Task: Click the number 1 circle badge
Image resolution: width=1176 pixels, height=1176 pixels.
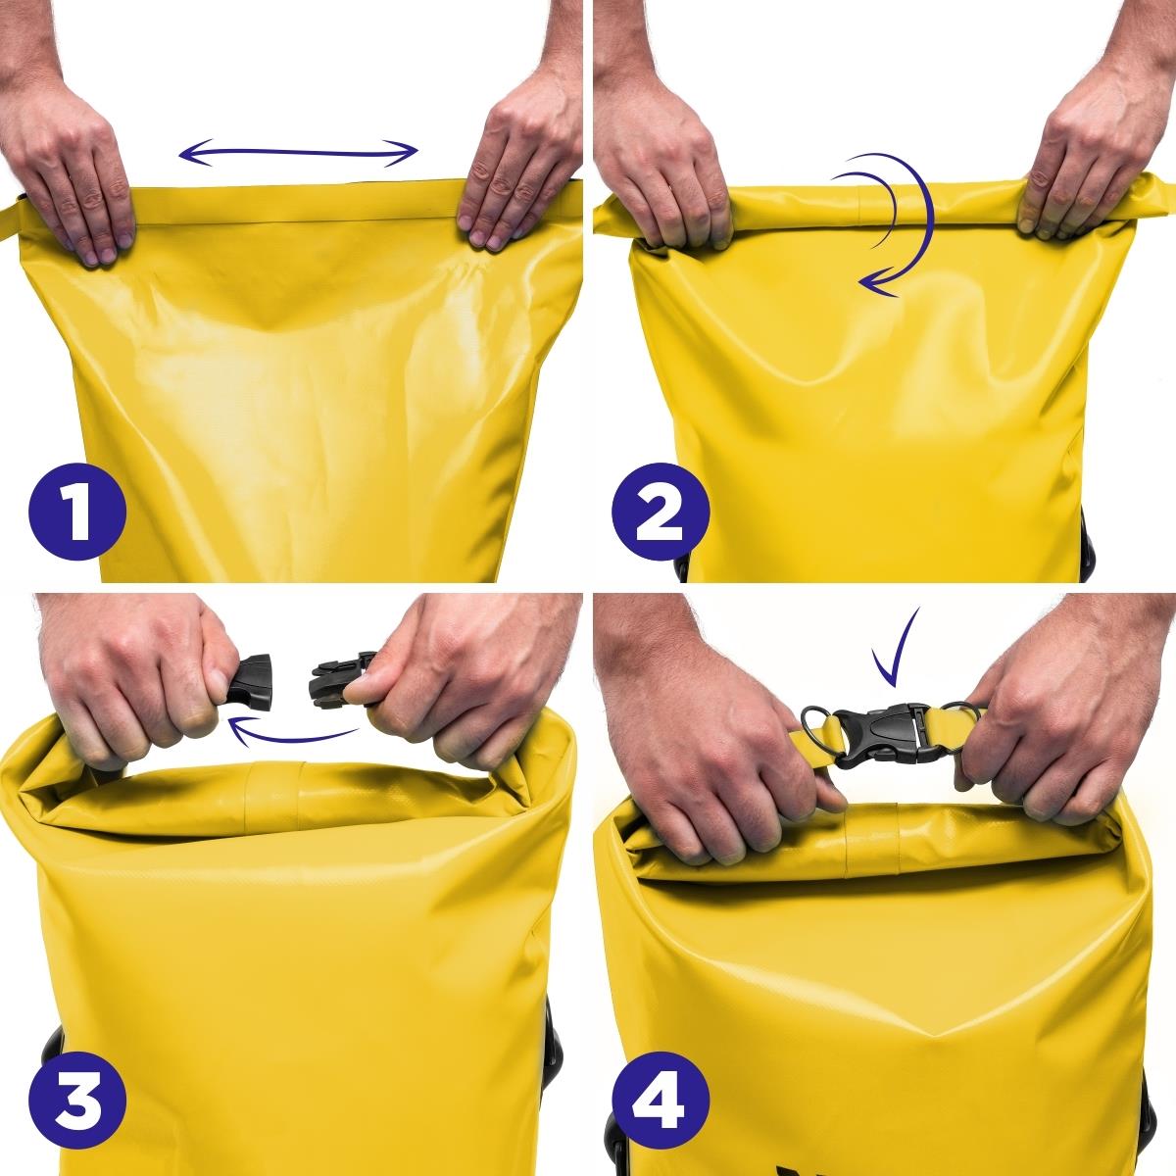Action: click(x=77, y=511)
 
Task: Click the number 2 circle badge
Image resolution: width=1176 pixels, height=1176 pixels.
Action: click(x=661, y=511)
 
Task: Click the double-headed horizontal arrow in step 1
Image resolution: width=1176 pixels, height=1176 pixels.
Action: click(x=299, y=153)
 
